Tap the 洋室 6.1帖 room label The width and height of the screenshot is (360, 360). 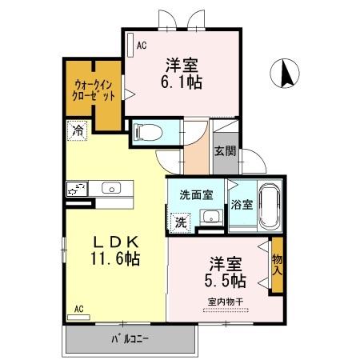[x=183, y=72]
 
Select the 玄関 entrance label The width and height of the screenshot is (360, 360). [x=223, y=152]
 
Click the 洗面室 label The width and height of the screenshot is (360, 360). [x=196, y=194]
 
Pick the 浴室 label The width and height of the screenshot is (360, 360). [x=241, y=204]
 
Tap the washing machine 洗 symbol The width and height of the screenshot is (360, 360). [x=181, y=222]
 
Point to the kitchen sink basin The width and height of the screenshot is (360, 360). [x=110, y=190]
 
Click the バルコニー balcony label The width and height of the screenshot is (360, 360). [x=130, y=337]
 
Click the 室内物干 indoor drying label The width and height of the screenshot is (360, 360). [x=226, y=301]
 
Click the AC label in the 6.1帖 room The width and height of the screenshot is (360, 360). [x=141, y=46]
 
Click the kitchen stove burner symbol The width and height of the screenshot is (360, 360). [x=77, y=190]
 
